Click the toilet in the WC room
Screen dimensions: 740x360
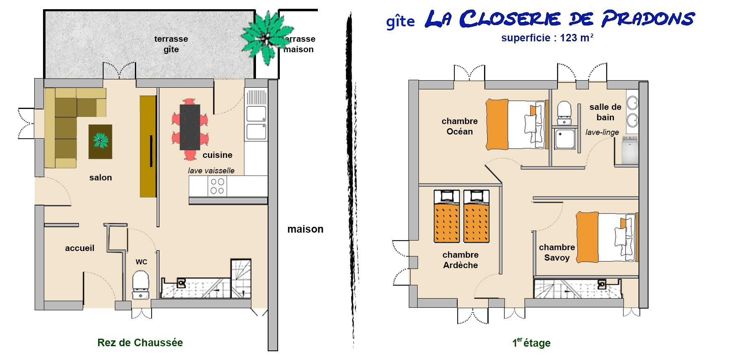point(141,285)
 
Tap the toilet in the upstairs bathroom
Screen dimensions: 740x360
point(565,113)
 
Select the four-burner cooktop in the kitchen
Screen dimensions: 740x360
point(217,186)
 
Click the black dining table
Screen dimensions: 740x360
point(190,127)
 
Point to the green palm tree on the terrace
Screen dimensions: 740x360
point(266,37)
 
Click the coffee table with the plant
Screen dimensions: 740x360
point(100,142)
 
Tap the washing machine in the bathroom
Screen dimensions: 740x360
point(629,150)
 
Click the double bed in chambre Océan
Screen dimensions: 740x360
point(517,124)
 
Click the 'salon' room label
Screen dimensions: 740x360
point(101,177)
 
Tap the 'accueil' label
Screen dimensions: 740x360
point(80,248)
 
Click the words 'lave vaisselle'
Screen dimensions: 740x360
point(211,170)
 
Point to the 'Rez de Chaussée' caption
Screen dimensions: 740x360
point(140,343)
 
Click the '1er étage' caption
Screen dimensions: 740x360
point(531,343)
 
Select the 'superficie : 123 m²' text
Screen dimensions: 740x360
point(547,38)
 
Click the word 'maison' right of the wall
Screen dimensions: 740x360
point(305,229)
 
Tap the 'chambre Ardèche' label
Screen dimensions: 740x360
point(461,260)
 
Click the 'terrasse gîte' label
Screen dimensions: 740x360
point(171,44)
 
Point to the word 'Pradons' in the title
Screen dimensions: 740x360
point(647,19)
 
